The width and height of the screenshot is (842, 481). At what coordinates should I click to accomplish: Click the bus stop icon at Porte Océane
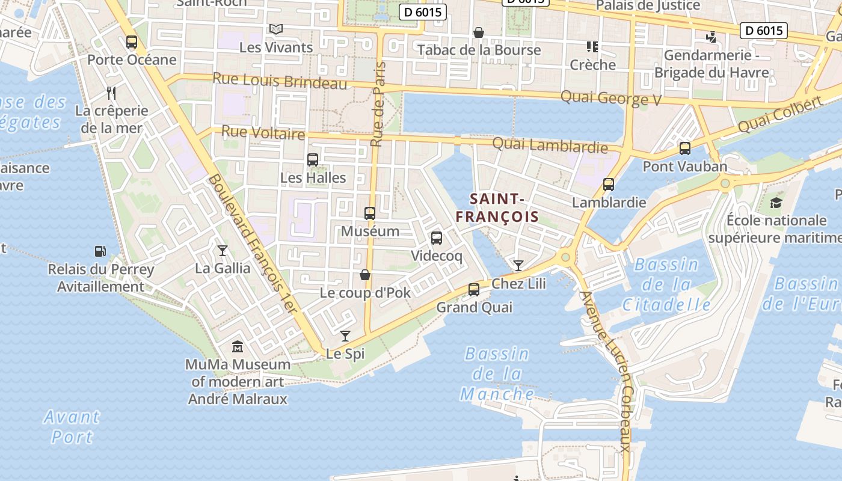132,42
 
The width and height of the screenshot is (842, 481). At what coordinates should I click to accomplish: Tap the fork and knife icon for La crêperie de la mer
111,93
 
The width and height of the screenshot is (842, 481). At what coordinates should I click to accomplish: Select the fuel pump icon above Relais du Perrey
100,251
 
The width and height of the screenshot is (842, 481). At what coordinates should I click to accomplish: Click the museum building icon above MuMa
238,347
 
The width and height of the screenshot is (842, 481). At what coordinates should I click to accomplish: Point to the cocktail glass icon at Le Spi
345,335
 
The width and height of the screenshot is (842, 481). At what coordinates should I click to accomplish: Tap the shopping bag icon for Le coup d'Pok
364,275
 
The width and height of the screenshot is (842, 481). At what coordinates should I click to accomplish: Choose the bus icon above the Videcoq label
437,238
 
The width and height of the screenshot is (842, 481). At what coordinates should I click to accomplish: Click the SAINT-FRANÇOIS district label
497,207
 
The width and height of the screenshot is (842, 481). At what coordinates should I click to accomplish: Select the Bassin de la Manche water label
497,374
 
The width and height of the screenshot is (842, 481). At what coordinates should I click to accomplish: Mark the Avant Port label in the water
72,426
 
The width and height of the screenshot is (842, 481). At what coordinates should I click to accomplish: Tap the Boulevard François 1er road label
253,244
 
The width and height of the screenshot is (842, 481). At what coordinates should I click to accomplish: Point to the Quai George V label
610,98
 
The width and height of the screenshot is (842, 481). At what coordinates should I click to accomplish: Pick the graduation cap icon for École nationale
776,203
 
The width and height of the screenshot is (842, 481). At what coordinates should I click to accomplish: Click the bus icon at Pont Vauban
684,148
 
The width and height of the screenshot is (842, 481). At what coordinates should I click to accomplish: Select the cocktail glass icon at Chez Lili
518,265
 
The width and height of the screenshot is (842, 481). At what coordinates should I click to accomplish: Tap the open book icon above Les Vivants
276,29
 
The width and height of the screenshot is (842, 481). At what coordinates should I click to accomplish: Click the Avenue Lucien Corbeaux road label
606,372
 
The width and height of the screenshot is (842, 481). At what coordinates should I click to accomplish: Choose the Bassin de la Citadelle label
666,284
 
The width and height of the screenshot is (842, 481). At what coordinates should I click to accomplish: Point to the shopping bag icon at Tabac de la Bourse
479,32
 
